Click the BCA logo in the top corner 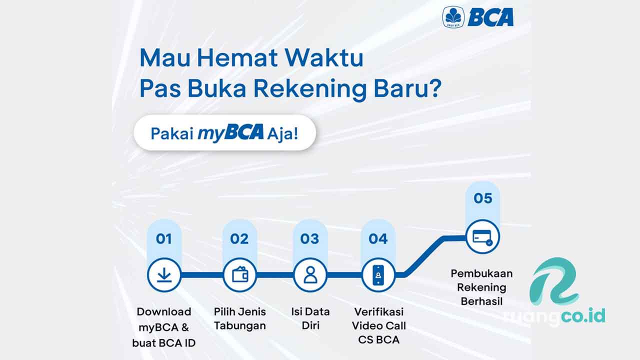point(478,17)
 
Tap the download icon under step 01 point(164,275)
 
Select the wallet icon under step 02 point(239,275)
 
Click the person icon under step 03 point(310,275)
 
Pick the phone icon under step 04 point(378,275)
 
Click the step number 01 point(164,239)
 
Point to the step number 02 point(239,239)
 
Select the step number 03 point(310,239)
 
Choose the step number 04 point(378,239)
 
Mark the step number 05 point(482,198)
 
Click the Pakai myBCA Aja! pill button point(224,133)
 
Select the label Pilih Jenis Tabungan point(239,318)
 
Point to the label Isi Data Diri point(310,318)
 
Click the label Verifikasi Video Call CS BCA point(378,325)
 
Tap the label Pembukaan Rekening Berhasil point(481,287)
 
